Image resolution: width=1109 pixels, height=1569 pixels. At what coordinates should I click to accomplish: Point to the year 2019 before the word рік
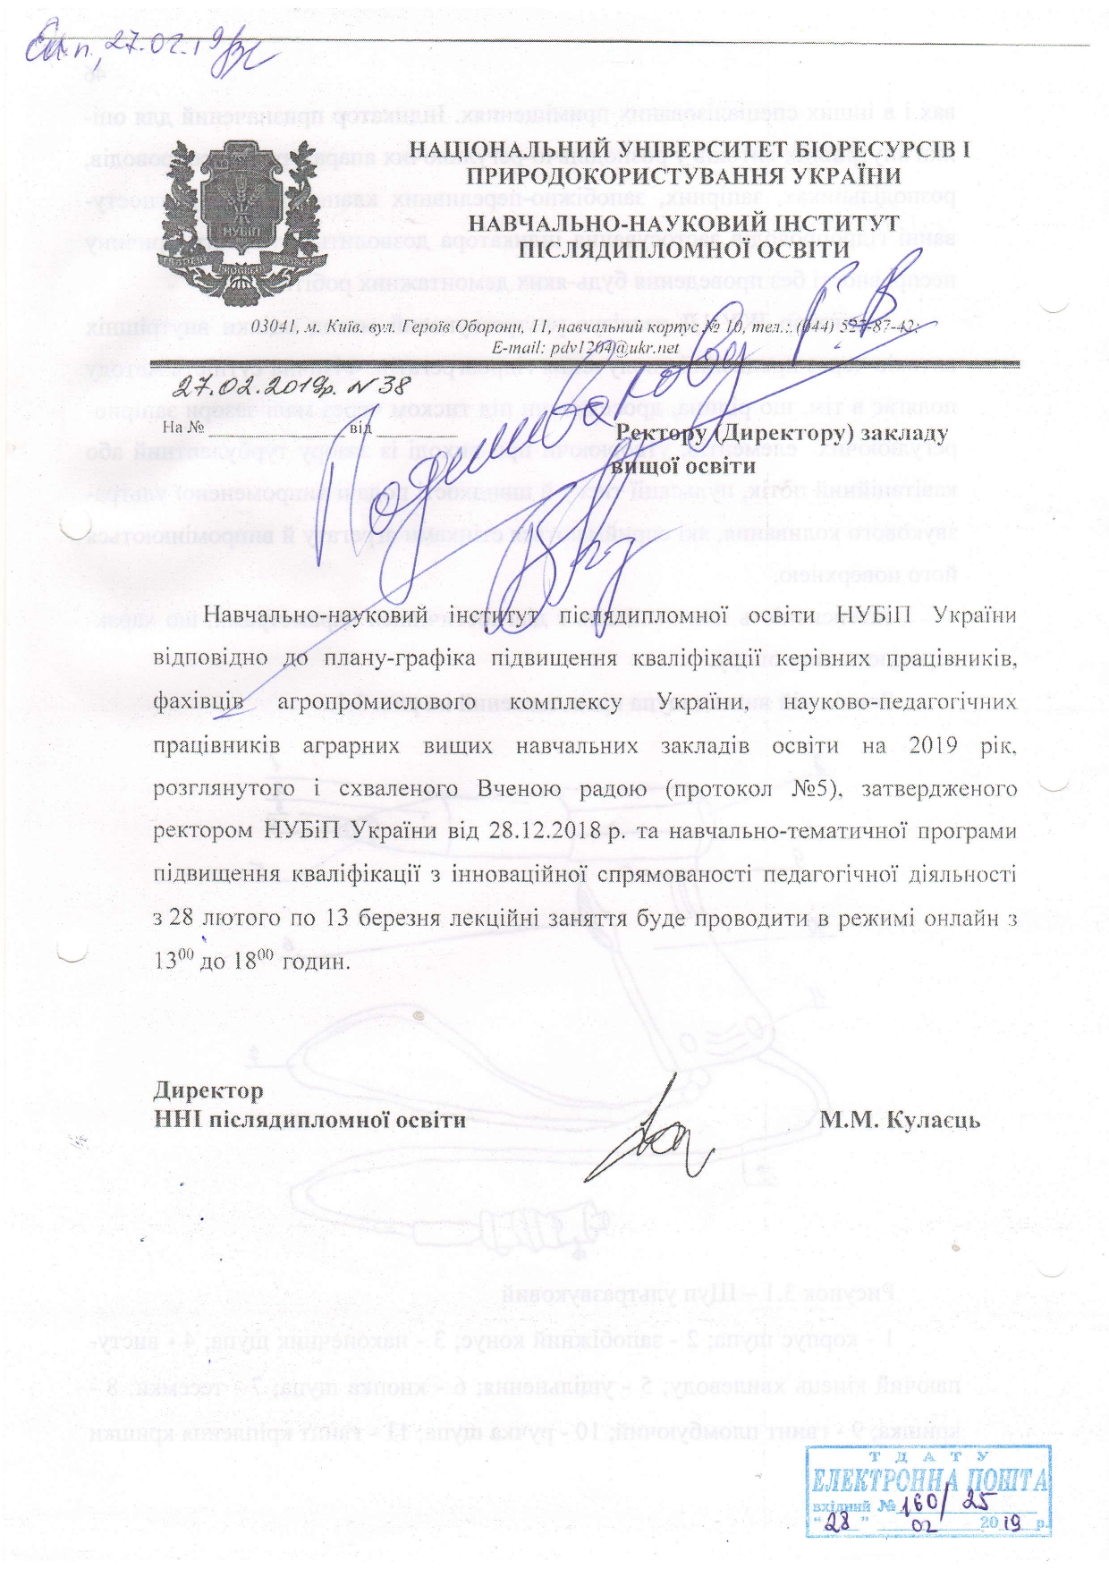[934, 746]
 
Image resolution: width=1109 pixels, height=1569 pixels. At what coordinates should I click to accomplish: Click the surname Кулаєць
[931, 1120]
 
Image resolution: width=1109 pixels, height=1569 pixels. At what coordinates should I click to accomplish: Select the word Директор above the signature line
[208, 1090]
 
